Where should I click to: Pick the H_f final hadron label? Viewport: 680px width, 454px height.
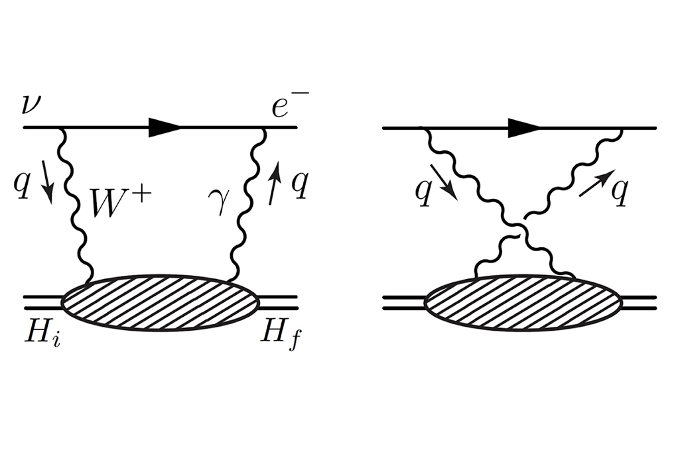point(279,337)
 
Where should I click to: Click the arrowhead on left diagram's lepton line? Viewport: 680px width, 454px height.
point(164,127)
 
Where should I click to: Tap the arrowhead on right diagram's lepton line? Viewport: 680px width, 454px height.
point(524,127)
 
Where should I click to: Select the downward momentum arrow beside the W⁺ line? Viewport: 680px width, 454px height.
point(48,182)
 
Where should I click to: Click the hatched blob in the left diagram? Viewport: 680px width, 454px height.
point(161,302)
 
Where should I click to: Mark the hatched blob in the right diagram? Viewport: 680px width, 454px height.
point(523,302)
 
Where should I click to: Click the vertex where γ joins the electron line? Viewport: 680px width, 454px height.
point(263,128)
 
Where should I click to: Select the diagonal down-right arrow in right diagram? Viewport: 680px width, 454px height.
point(444,182)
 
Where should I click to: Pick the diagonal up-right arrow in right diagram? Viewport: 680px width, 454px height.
point(596,183)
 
